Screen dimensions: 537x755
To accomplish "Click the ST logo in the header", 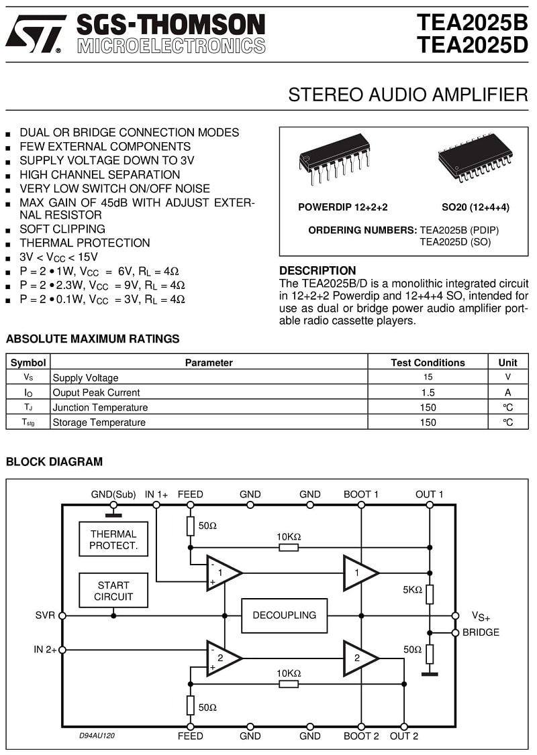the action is point(36,34).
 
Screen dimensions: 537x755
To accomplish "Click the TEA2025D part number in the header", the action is point(473,45).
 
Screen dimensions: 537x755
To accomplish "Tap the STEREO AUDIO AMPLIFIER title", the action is point(408,95).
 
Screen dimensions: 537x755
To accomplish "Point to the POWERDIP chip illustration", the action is point(335,159).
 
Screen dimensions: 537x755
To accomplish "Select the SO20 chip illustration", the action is point(475,158).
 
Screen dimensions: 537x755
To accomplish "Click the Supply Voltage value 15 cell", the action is point(428,377).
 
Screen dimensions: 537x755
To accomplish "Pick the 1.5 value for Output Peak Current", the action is point(428,392).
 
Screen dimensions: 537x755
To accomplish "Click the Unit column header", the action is point(507,363).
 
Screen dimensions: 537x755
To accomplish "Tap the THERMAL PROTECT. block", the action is point(113,539).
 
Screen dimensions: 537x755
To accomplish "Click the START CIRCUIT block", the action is point(113,590).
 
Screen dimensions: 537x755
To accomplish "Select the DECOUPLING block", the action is point(285,616).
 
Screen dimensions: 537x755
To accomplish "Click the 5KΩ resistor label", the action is point(413,590).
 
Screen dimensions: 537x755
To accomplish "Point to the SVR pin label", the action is point(45,616).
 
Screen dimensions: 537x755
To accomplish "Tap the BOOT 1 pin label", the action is point(361,495).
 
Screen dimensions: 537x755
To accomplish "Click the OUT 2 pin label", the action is point(404,736).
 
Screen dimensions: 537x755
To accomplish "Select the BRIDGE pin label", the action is point(481,632).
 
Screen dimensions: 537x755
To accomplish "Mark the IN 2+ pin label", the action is point(45,650).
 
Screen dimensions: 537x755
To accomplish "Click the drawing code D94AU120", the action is point(97,736).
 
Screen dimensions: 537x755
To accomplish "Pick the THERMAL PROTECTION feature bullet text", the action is point(85,243).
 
